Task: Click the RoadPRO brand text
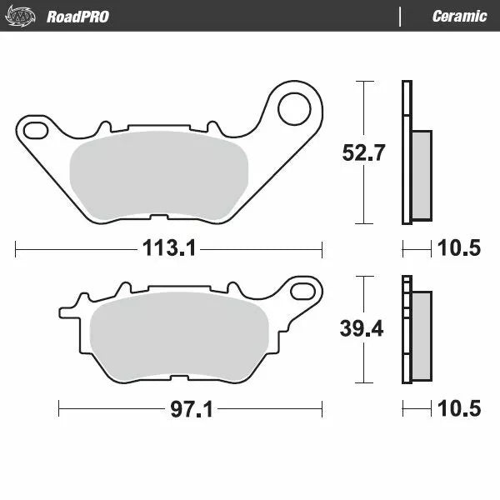tap(77, 16)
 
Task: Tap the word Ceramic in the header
tap(459, 16)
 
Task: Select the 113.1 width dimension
tap(168, 247)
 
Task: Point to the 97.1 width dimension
tap(189, 409)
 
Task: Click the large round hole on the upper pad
tap(293, 107)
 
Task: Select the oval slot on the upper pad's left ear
tap(37, 129)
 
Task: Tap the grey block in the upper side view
tap(422, 175)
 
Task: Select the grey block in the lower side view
tap(422, 335)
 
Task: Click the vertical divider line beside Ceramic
tap(401, 16)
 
